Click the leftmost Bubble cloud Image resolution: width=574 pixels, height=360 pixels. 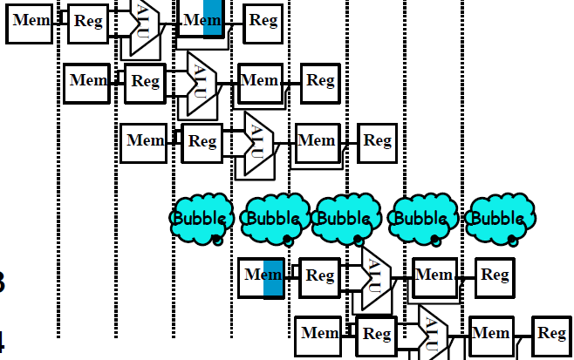pos(202,217)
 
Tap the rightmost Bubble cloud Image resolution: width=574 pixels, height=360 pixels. pos(498,217)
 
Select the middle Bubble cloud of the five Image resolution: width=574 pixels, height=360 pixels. pos(346,217)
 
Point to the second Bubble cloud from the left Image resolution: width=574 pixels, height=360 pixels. pos(275,217)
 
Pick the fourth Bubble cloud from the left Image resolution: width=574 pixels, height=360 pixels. pos(424,217)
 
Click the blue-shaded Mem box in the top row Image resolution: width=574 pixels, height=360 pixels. pos(204,19)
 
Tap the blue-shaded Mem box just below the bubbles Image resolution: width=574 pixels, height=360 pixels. pos(262,276)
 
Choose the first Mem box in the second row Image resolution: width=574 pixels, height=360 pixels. pos(88,82)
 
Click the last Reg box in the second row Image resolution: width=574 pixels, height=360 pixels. pos(321,82)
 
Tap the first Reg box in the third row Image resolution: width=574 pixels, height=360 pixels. pos(202,141)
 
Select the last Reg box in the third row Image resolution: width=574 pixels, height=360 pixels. pos(377,140)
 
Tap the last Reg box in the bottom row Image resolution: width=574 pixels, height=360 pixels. pos(552,334)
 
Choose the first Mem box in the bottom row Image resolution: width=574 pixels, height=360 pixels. pos(319,334)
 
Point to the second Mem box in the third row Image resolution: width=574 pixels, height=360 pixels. pos(317,141)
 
